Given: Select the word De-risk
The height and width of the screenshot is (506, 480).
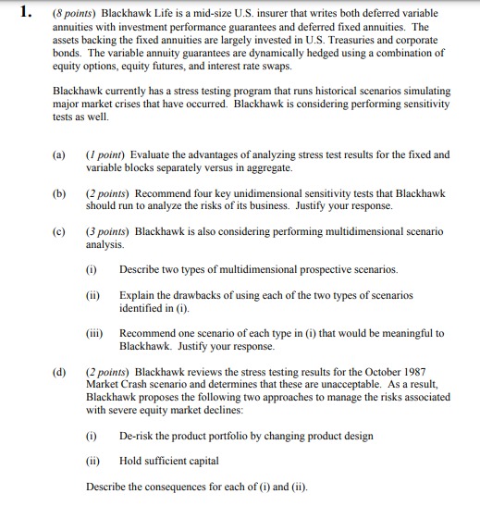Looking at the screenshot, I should (139, 434).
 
